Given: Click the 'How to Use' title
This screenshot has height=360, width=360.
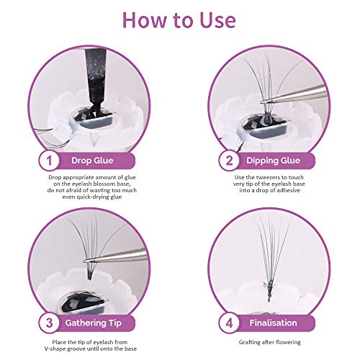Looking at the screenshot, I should [180, 19].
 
